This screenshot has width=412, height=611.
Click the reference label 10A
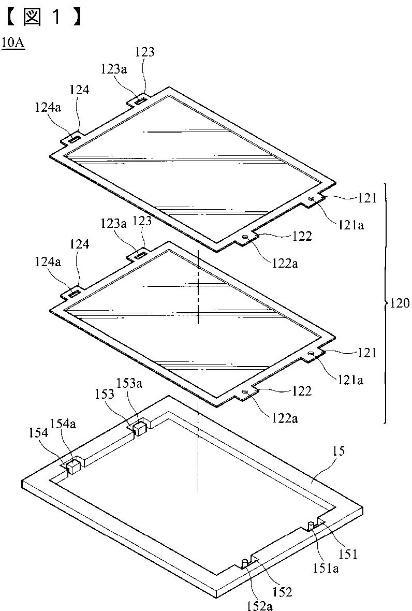(13, 42)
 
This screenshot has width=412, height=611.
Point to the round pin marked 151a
(311, 525)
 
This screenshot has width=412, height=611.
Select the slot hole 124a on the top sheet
(73, 138)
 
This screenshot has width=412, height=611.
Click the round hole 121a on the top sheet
(311, 198)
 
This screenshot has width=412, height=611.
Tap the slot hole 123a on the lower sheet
(140, 253)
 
